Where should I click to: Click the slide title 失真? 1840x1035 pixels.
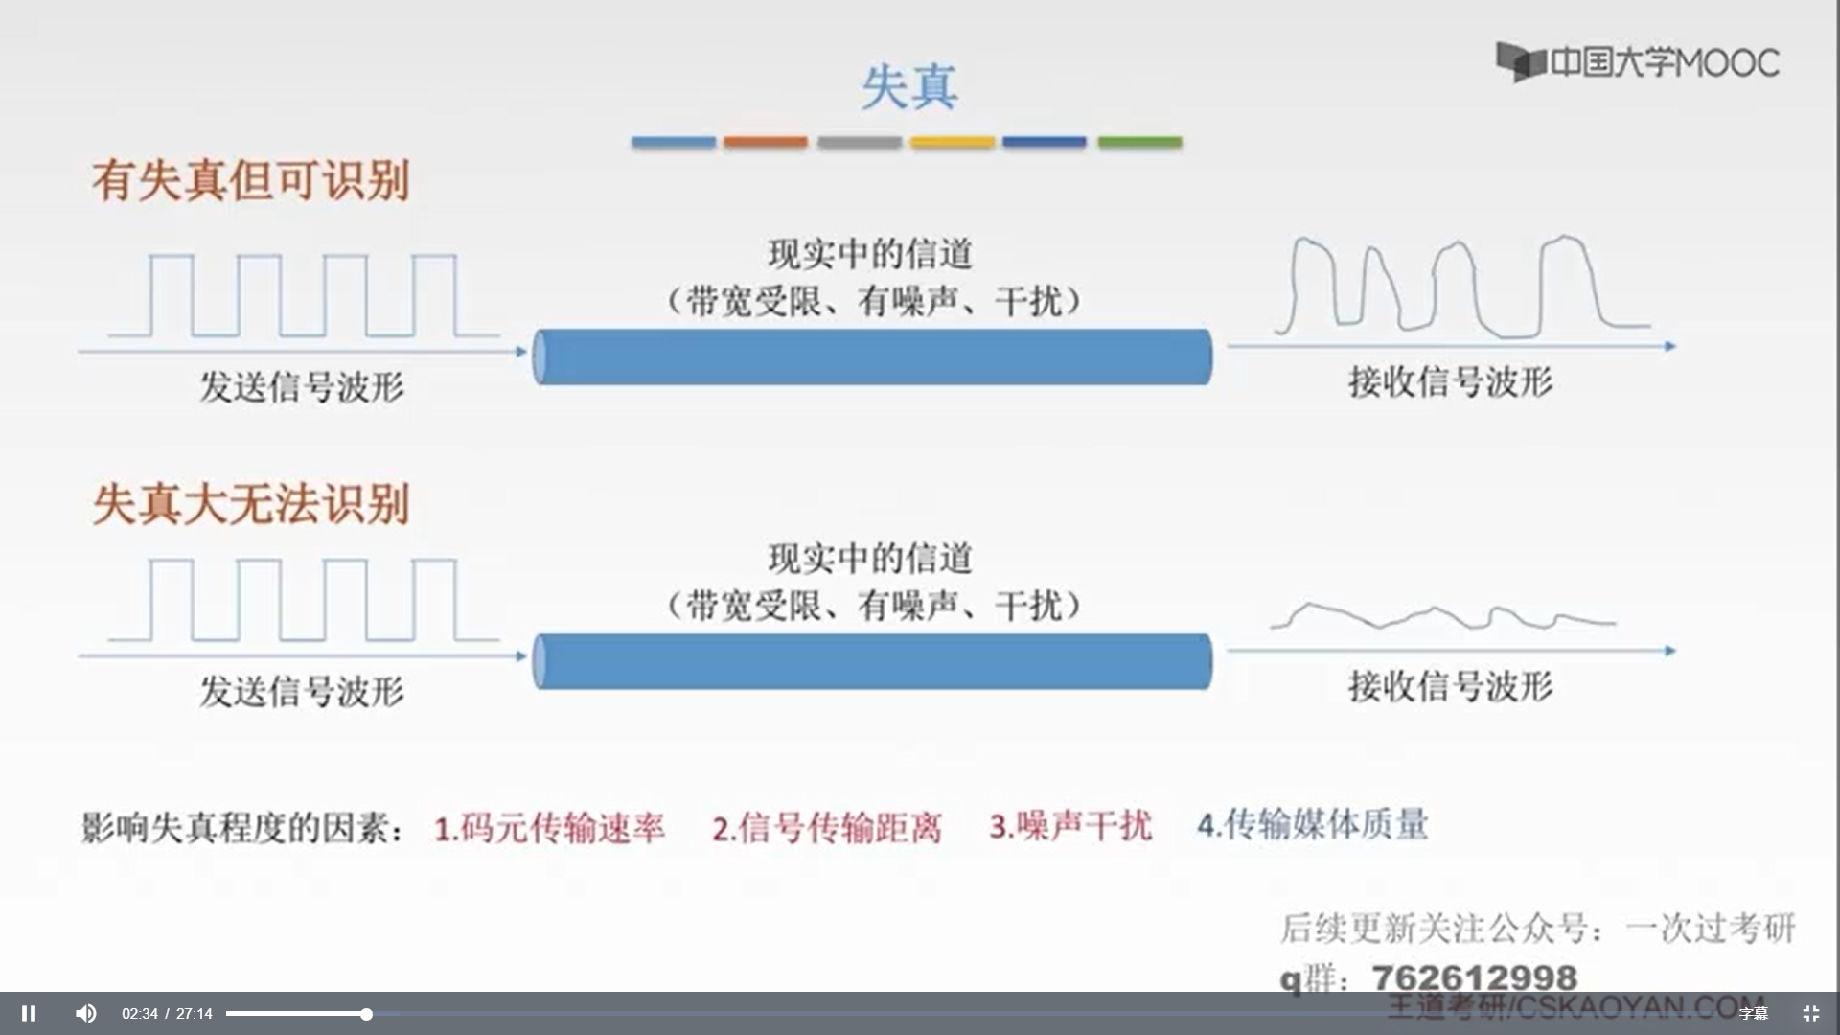(908, 87)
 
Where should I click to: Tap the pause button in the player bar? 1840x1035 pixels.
(29, 1013)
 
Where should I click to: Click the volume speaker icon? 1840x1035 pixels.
(85, 1013)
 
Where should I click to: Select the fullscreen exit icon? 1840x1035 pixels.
(1810, 1013)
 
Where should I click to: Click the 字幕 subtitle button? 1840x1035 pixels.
(1753, 1013)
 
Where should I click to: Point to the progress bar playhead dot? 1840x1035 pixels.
(366, 1013)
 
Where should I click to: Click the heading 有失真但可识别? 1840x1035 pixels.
(251, 180)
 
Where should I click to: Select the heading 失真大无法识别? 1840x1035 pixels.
(251, 504)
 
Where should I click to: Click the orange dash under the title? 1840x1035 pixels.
(765, 142)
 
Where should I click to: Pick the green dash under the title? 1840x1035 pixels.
(1139, 142)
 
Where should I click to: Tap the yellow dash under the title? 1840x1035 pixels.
(953, 142)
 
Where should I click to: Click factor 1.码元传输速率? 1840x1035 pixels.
(549, 827)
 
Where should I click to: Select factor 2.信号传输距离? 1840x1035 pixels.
(827, 827)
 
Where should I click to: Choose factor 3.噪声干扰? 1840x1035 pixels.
(1070, 825)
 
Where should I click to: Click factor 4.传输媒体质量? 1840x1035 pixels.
(1313, 824)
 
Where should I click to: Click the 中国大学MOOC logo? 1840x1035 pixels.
(1638, 62)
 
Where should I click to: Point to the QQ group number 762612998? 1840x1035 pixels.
(1474, 977)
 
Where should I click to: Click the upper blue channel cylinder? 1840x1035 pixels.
(872, 356)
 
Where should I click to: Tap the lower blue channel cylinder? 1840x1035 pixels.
(872, 661)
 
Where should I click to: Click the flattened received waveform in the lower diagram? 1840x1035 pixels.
(1442, 616)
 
